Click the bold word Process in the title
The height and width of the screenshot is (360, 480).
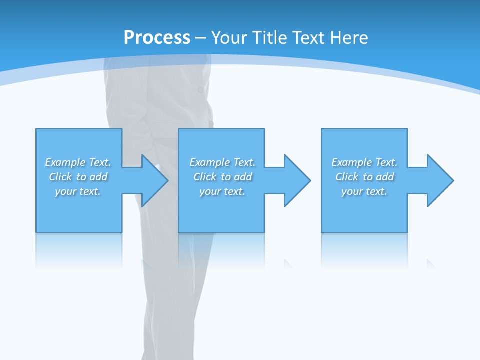[157, 37]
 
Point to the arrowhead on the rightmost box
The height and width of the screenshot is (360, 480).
[439, 180]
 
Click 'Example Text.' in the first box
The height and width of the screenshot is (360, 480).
[78, 162]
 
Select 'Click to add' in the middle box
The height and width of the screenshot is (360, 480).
[222, 177]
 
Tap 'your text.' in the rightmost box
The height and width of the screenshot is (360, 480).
[364, 191]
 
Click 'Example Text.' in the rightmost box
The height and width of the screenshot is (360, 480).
[364, 162]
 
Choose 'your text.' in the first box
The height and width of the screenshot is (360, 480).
[78, 191]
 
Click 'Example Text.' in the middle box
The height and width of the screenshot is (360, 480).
[222, 162]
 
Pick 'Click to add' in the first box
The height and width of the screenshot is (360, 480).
[78, 177]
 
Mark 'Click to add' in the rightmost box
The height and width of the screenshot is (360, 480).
[364, 177]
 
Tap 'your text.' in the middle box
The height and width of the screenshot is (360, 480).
[222, 191]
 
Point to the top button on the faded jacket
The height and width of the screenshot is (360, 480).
[200, 90]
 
